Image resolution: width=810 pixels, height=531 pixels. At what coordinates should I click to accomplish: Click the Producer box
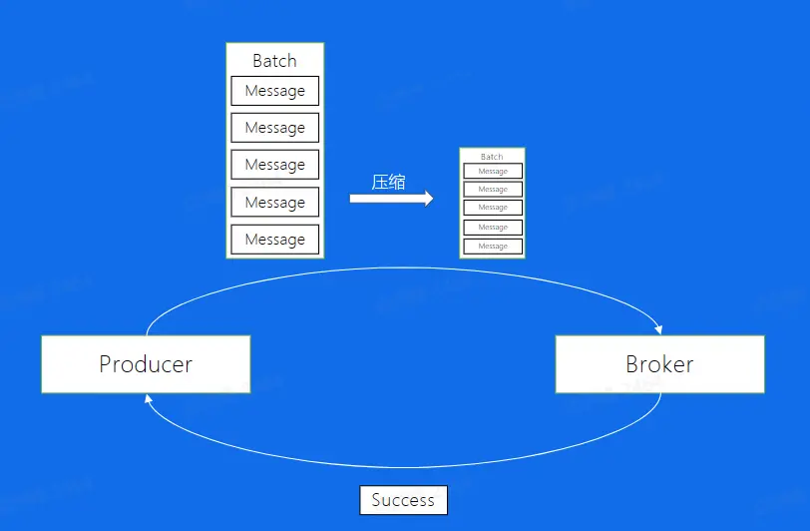pyautogui.click(x=146, y=363)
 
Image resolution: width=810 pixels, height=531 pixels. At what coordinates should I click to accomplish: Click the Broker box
pyautogui.click(x=659, y=363)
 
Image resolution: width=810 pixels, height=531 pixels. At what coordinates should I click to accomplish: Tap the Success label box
pyautogui.click(x=403, y=500)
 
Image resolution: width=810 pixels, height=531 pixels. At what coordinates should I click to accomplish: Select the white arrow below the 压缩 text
pyautogui.click(x=391, y=199)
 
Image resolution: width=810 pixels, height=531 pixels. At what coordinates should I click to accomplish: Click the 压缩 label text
pyautogui.click(x=388, y=182)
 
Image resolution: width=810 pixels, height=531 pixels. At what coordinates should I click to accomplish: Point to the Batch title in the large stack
pyautogui.click(x=274, y=61)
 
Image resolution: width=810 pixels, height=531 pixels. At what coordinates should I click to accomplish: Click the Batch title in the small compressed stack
pyautogui.click(x=492, y=157)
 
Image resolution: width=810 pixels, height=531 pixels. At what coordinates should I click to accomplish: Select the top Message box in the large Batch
pyautogui.click(x=274, y=91)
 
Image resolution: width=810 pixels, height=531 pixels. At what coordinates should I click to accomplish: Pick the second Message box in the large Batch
pyautogui.click(x=274, y=128)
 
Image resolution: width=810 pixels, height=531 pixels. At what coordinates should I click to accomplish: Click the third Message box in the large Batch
pyautogui.click(x=274, y=165)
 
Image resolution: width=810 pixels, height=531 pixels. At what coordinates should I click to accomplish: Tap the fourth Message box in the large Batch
pyautogui.click(x=274, y=202)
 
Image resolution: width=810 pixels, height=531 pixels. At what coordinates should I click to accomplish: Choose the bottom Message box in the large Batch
pyautogui.click(x=274, y=240)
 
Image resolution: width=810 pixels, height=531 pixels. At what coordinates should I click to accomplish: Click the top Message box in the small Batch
pyautogui.click(x=493, y=172)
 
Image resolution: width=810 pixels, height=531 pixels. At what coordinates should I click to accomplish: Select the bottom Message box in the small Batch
pyautogui.click(x=493, y=246)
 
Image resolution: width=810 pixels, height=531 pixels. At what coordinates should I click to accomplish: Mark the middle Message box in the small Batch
pyautogui.click(x=493, y=208)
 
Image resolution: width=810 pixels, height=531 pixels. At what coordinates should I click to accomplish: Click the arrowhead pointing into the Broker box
pyautogui.click(x=657, y=328)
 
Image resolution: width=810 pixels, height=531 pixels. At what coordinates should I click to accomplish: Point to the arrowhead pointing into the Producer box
pyautogui.click(x=149, y=397)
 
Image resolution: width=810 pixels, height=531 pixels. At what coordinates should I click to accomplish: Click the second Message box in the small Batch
pyautogui.click(x=493, y=190)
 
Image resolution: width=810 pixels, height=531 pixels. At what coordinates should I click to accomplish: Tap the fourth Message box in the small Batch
pyautogui.click(x=493, y=228)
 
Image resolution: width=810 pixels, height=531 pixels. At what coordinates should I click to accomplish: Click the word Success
pyautogui.click(x=403, y=500)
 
